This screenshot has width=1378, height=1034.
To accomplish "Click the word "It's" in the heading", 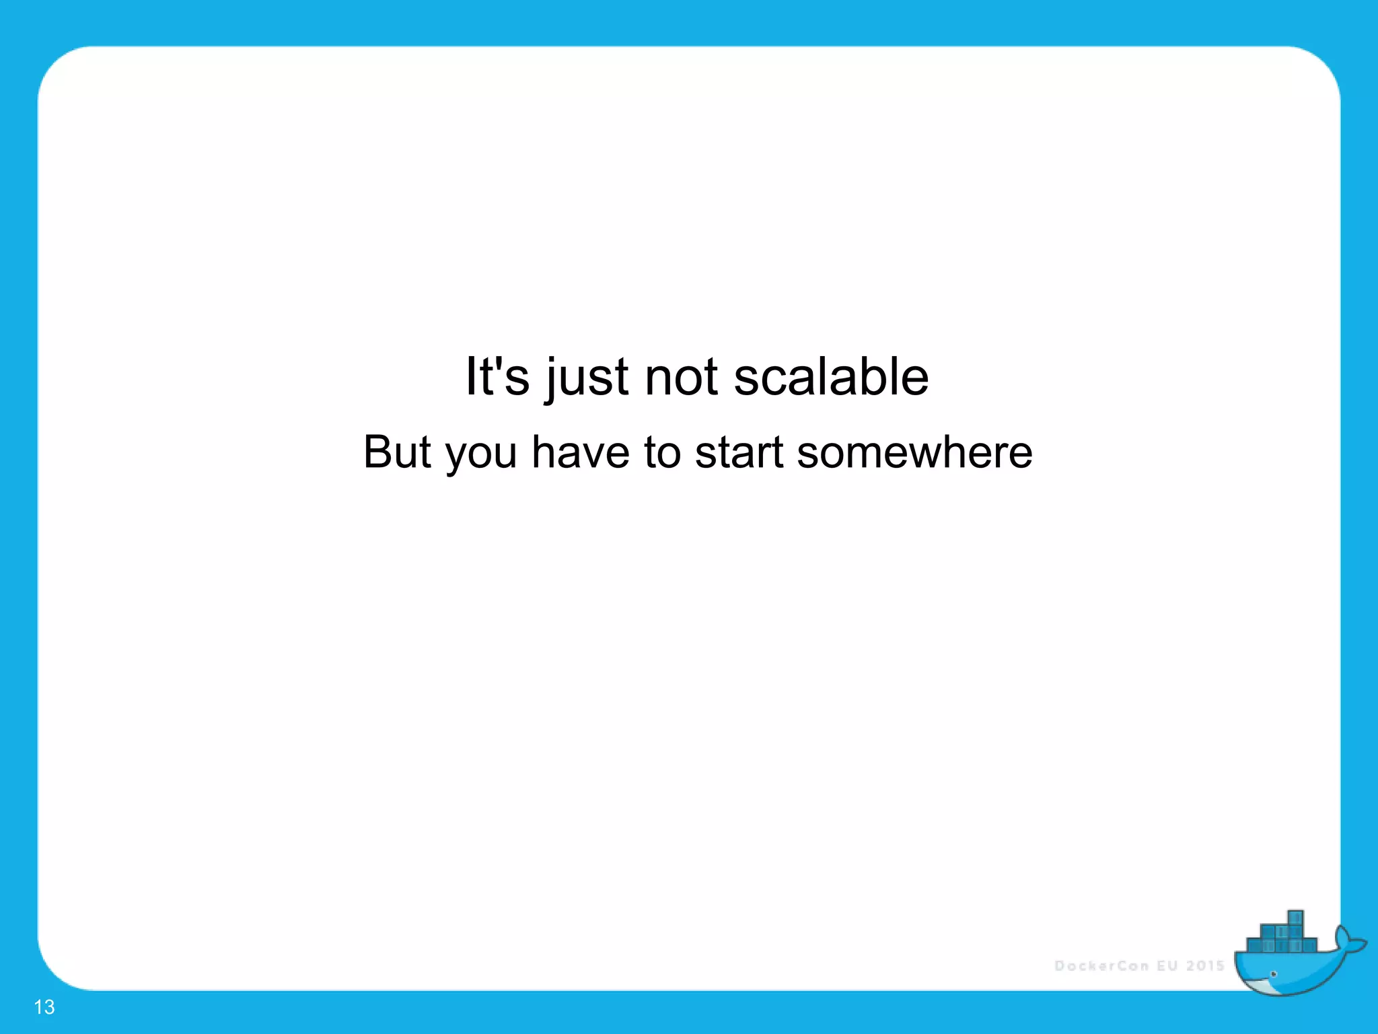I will (497, 376).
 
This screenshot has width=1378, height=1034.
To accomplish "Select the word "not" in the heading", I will (681, 377).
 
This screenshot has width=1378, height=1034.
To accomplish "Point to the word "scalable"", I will (831, 376).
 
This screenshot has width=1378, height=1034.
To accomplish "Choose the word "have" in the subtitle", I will (581, 452).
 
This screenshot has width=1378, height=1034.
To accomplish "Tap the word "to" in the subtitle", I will (661, 452).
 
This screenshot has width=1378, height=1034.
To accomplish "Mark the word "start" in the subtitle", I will (739, 452).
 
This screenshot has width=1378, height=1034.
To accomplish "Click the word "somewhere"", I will (914, 452).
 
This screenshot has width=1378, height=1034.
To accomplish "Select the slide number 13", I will (44, 1007).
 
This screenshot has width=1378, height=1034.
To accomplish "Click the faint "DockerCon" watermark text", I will (1101, 966).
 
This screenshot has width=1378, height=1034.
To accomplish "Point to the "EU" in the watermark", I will (1167, 966).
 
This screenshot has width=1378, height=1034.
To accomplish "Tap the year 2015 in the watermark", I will (1205, 966).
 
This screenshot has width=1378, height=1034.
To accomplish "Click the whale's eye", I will (1273, 974).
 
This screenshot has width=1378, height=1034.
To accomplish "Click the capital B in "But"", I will (378, 452).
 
